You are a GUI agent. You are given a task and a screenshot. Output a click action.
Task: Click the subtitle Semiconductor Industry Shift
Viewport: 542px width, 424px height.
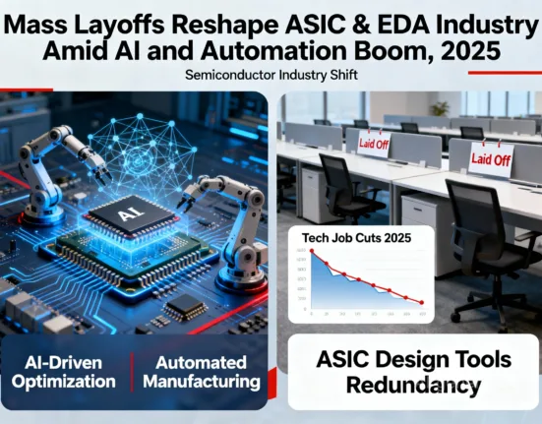tap(271, 76)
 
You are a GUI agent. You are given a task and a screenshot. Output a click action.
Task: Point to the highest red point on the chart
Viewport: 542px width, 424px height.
tap(312, 252)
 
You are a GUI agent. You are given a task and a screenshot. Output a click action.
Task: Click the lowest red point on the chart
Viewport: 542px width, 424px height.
tap(423, 303)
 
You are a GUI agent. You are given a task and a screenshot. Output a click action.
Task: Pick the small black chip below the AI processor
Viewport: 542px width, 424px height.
tap(185, 308)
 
